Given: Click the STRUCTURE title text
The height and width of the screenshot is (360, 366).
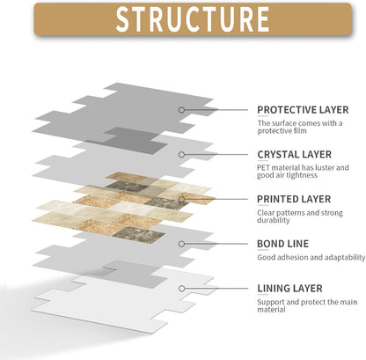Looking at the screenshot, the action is pos(193,18).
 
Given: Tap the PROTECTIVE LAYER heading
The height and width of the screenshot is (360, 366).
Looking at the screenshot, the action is pos(303,110).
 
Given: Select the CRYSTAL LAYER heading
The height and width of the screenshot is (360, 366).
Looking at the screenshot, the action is pos(295,154).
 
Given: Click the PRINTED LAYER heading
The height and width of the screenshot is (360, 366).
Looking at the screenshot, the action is pos(294,199).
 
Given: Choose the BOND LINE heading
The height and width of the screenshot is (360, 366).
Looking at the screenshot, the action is pos(282,244).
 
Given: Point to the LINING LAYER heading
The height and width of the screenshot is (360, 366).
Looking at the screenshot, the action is pos(289,288).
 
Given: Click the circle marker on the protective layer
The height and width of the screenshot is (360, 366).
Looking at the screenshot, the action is pos(181,110).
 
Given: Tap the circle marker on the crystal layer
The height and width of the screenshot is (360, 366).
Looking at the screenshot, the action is pos(181,155).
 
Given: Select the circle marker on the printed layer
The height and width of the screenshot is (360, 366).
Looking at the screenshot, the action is pos(181,199).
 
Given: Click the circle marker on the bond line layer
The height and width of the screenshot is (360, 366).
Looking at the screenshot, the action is pos(181,244).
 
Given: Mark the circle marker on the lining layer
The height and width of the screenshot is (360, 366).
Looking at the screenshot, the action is pos(181,289).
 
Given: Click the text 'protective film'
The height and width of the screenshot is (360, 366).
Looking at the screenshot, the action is pos(282,131).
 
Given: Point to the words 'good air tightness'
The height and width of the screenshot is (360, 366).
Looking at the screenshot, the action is pos(287,175).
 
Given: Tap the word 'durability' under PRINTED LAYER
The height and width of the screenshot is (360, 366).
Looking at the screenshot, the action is pos(274,220).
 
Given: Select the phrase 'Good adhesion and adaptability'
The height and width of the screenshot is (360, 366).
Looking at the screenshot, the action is pos(311,258).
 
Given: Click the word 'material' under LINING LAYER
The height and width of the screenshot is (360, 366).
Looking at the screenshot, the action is pos(271,310).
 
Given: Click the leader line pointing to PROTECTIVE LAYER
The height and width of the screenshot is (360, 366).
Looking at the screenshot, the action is pos(216,110).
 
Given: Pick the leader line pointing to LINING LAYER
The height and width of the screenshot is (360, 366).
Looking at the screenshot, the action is pos(216,289).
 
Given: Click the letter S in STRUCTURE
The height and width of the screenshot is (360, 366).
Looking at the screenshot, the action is pos(122,18).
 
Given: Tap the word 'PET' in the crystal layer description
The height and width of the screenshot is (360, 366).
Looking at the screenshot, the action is pos(263,167).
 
